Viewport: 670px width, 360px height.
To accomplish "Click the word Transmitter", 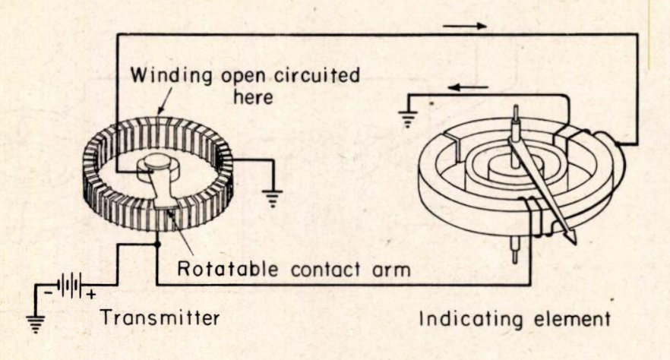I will point(160,317).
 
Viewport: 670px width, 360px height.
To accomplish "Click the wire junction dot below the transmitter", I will point(156,245).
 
